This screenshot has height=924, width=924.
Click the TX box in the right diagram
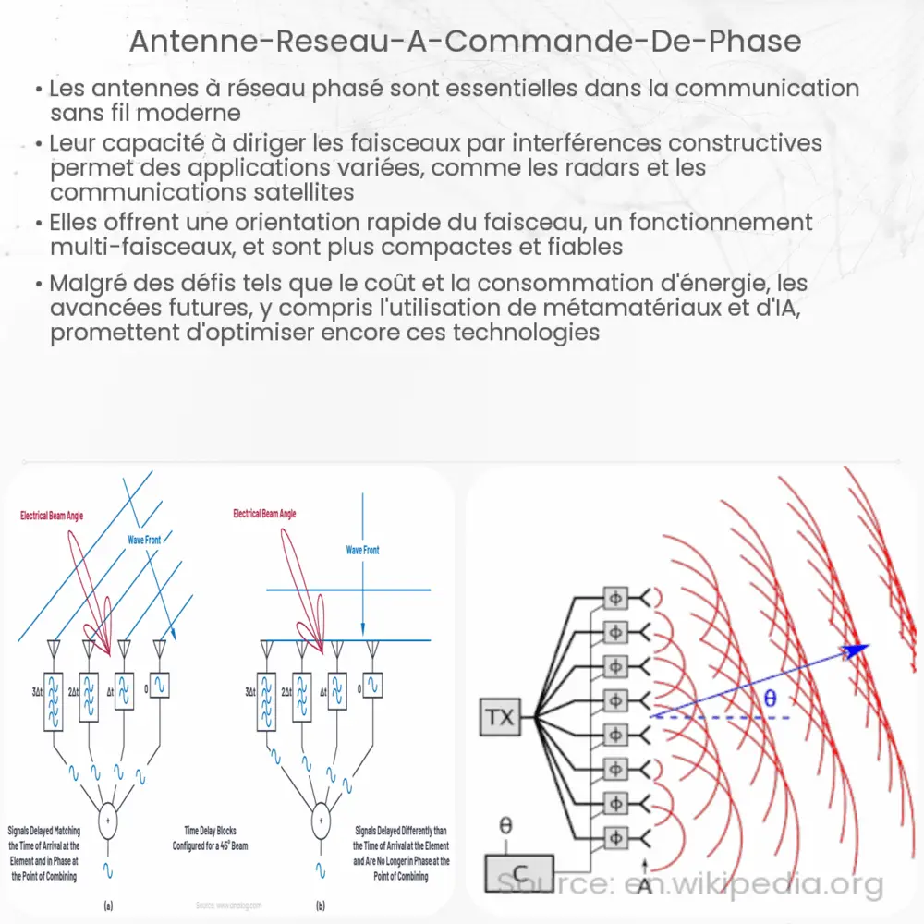500,717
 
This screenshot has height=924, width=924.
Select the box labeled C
519,871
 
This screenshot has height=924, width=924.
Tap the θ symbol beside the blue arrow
770,699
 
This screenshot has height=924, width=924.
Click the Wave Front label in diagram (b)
362,550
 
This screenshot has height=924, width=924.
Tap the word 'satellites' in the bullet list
297,192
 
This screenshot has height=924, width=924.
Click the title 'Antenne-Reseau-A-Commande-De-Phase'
461,43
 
